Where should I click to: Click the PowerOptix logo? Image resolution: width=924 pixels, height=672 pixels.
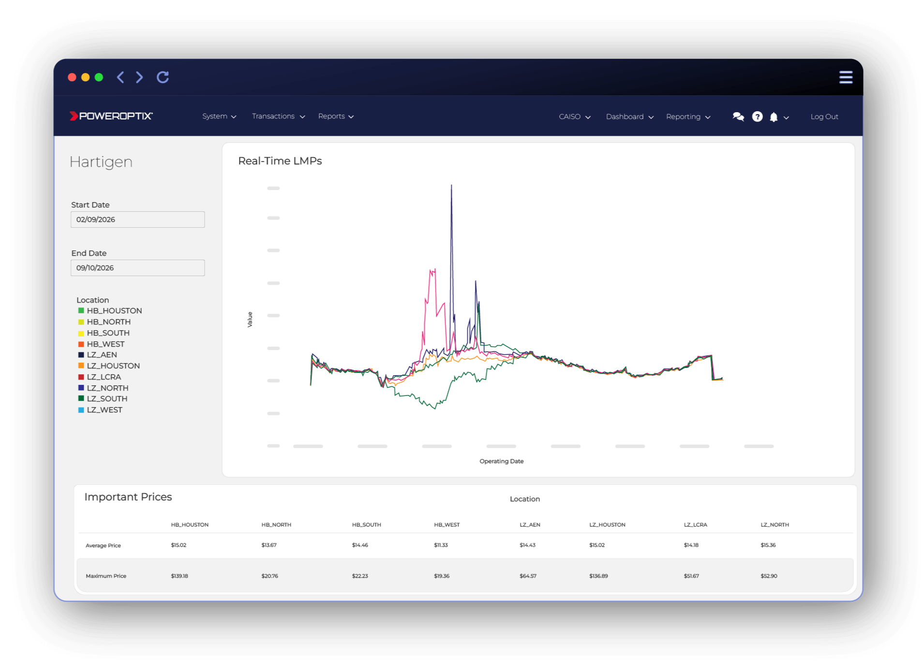(x=111, y=116)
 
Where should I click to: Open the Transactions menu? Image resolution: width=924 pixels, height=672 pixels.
(x=278, y=117)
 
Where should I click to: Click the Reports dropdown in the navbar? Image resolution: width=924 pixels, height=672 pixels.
(x=336, y=117)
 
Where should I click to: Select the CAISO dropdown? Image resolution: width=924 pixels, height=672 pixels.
(x=574, y=117)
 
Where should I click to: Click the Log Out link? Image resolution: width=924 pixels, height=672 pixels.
(x=824, y=117)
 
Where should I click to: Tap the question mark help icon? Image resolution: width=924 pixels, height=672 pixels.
(x=757, y=117)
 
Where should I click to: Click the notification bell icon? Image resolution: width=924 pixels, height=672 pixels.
(x=774, y=117)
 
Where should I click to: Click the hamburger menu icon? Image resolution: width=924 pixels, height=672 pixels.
(x=845, y=77)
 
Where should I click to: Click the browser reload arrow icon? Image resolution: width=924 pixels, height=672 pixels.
(x=163, y=77)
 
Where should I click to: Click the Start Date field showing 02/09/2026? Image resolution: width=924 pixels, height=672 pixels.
(x=137, y=219)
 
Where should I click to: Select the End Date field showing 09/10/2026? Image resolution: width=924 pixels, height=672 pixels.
(x=137, y=268)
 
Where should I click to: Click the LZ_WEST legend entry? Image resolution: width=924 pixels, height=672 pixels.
(x=104, y=410)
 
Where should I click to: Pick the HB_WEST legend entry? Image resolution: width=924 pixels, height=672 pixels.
(x=105, y=344)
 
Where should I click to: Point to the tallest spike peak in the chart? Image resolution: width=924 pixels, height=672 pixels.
(x=451, y=186)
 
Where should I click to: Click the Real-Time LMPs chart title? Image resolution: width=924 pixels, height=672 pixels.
(x=280, y=161)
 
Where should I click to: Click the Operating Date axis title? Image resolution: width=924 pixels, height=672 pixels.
(x=501, y=461)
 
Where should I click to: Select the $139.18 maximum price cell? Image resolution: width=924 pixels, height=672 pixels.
(x=179, y=576)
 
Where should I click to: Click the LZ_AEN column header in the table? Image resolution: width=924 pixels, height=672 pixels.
(x=530, y=525)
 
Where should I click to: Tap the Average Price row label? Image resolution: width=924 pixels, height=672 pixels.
(x=103, y=545)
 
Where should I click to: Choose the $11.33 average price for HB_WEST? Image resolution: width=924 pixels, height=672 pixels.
(x=441, y=545)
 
